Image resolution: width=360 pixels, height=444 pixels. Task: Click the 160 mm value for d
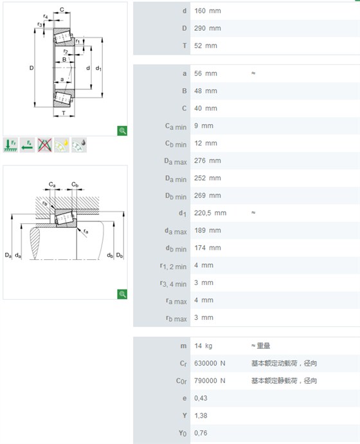[x=207, y=11]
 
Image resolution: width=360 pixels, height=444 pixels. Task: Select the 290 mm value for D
[x=207, y=28]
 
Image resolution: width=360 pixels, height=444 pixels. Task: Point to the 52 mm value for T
[x=206, y=46]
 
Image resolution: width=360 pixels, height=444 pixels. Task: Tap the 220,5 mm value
[x=210, y=213]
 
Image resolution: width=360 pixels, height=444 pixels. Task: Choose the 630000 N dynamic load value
[x=210, y=364]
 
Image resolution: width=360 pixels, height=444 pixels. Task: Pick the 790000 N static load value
[x=210, y=381]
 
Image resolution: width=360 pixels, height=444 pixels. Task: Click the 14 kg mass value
[x=203, y=346]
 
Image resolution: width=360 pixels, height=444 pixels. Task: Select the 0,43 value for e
[x=201, y=398]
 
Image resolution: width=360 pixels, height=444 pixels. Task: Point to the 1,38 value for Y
[x=201, y=416]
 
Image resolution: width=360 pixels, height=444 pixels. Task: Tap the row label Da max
[x=175, y=162]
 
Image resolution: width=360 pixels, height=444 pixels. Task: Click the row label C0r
[x=181, y=381]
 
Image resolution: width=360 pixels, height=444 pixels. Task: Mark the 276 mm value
[x=207, y=161]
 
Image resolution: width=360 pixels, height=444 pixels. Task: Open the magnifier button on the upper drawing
[x=122, y=131]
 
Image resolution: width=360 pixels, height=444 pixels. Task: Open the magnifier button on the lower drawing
[x=122, y=294]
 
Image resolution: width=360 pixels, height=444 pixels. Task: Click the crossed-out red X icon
[x=45, y=145]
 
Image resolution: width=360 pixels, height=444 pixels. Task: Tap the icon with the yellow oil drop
[x=62, y=145]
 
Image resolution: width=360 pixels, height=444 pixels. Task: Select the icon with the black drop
[x=79, y=145]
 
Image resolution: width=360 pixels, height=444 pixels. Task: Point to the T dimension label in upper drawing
[x=64, y=113]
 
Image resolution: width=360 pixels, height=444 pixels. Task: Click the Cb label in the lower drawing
[x=75, y=185]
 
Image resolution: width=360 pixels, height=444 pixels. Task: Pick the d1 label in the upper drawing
[x=98, y=68]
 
